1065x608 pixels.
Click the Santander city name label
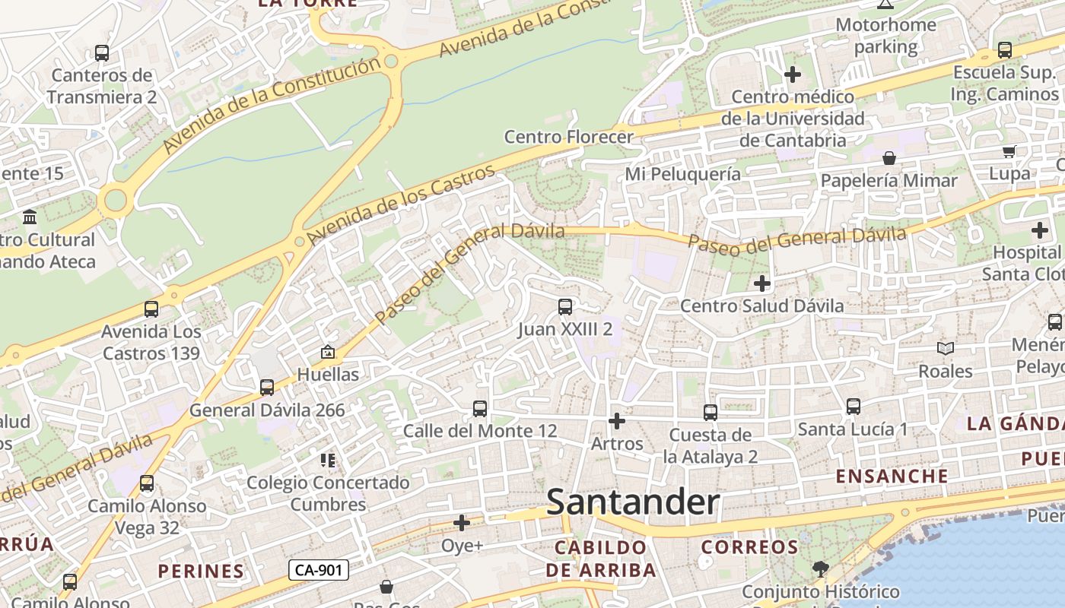[633, 502]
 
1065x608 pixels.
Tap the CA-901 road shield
[319, 570]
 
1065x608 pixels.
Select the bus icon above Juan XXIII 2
[565, 307]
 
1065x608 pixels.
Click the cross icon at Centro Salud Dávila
[761, 283]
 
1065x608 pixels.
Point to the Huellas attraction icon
[328, 352]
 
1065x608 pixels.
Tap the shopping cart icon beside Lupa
[1009, 151]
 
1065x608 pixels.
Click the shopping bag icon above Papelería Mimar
[889, 158]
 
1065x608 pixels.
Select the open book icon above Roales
[946, 348]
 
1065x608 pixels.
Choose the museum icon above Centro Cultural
[30, 217]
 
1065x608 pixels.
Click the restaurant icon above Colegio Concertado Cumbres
[328, 460]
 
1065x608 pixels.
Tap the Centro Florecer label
[569, 137]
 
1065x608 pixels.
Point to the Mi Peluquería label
[682, 174]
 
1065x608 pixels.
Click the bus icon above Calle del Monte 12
[480, 409]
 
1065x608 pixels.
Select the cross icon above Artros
[617, 420]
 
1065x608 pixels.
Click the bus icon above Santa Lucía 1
[854, 407]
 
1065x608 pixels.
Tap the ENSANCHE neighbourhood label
[892, 477]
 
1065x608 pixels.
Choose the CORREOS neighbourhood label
[749, 547]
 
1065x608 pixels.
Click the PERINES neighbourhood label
[201, 571]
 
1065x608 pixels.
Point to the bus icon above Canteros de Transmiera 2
[102, 53]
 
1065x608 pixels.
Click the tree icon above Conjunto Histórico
[820, 568]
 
